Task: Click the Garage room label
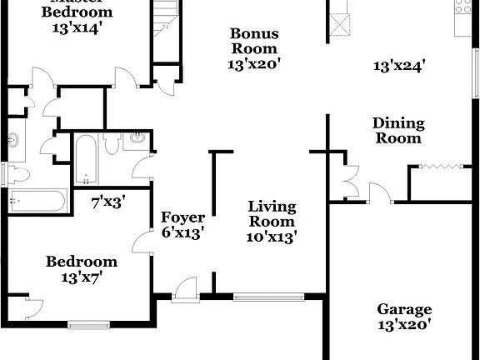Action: pos(404,308)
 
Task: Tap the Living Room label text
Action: pos(272,213)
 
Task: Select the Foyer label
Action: pos(182,218)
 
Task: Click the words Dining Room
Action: pos(398,131)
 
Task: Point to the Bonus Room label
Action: pos(255,42)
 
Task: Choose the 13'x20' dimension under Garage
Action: pos(404,325)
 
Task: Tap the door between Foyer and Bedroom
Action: pos(142,242)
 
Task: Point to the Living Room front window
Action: pos(269,295)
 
